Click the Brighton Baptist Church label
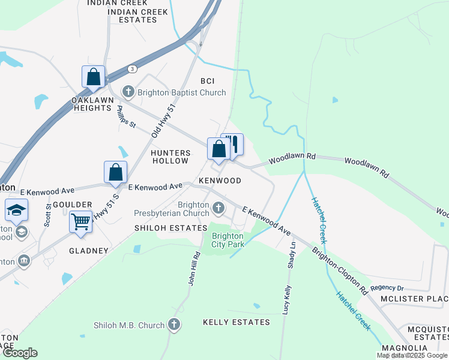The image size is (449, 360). [x=182, y=92]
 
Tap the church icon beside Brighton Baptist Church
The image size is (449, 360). [x=128, y=92]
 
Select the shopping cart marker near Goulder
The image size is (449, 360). [x=80, y=223]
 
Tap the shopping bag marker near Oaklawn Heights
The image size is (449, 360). [x=93, y=77]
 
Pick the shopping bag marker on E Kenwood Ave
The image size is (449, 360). [x=115, y=172]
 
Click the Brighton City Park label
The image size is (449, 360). [x=228, y=241]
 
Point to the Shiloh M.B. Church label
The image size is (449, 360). [x=129, y=325]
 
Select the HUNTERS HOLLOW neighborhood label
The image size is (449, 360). [x=171, y=157]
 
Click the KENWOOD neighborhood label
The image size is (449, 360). [x=220, y=181]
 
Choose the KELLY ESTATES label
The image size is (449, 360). [x=237, y=322]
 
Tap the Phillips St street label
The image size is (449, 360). [x=127, y=117]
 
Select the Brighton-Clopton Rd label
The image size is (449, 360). [x=340, y=269]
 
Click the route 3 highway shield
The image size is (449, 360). [x=131, y=69]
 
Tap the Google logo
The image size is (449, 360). [x=20, y=353]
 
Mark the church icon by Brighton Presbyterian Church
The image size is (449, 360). [x=218, y=209]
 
